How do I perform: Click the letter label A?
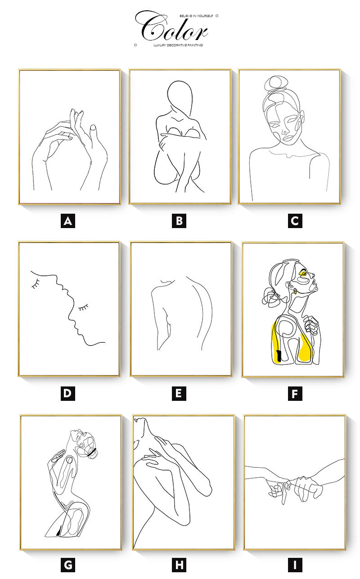click(68, 221)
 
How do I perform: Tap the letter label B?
click(179, 221)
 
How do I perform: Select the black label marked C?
click(295, 221)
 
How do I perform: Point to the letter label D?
click(68, 393)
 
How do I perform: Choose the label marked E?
click(179, 393)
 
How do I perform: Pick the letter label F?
click(295, 394)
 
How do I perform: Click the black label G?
click(68, 565)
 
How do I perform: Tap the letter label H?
click(179, 565)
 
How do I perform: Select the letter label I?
click(295, 565)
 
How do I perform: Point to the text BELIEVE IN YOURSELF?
click(196, 16)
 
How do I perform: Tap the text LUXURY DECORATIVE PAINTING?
click(178, 45)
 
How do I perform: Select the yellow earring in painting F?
click(295, 292)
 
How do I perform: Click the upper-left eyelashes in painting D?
click(36, 283)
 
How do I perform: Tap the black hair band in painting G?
click(91, 452)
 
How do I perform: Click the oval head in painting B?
click(180, 97)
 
